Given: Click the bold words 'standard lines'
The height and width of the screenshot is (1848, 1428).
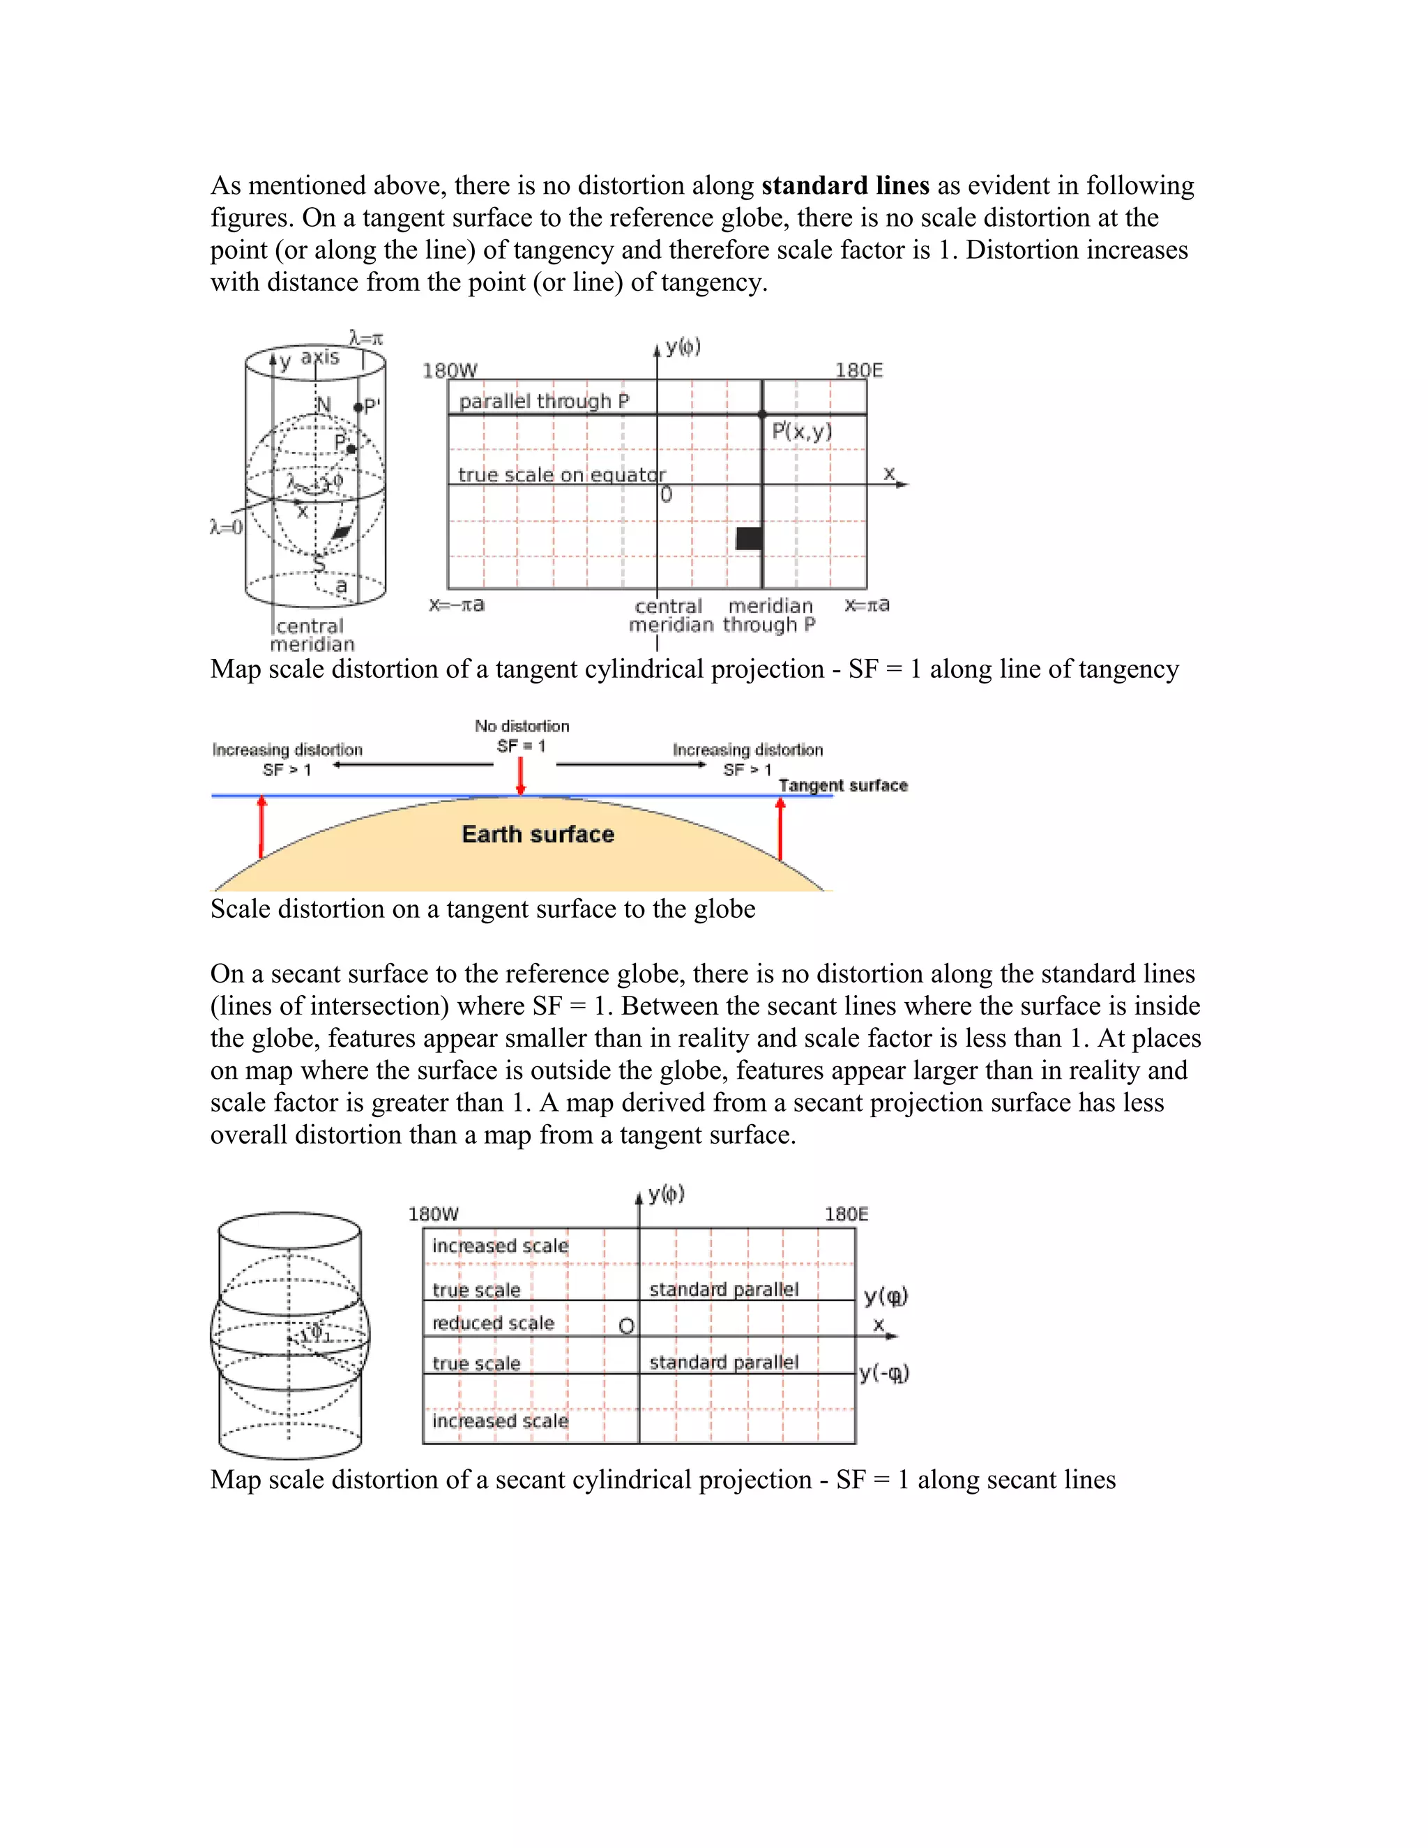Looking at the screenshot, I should (844, 185).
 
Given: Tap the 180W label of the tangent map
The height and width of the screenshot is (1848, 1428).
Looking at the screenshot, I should (449, 370).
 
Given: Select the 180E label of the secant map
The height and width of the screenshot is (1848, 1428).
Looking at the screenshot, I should (846, 1214).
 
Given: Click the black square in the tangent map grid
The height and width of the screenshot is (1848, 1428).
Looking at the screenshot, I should (749, 538).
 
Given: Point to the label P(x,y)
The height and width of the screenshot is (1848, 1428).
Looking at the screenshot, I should (802, 432).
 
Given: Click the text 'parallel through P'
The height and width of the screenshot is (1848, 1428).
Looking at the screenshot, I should (544, 401).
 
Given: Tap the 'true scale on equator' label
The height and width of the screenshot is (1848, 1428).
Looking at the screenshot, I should (562, 475).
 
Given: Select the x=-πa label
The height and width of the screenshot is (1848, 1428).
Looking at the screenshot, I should (456, 605).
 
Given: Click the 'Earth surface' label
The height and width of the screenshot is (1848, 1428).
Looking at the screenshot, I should (538, 834).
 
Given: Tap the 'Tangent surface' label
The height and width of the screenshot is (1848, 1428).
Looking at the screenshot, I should (842, 785).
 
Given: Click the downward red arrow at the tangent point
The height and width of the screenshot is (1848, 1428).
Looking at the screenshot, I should (521, 776).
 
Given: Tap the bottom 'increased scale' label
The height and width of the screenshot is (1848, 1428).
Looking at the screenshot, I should (499, 1421).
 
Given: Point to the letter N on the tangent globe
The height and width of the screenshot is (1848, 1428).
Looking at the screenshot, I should (323, 405).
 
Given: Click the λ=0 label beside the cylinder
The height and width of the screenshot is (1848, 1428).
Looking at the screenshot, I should (226, 527).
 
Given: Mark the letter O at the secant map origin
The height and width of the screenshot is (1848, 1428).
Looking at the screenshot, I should (626, 1326).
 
